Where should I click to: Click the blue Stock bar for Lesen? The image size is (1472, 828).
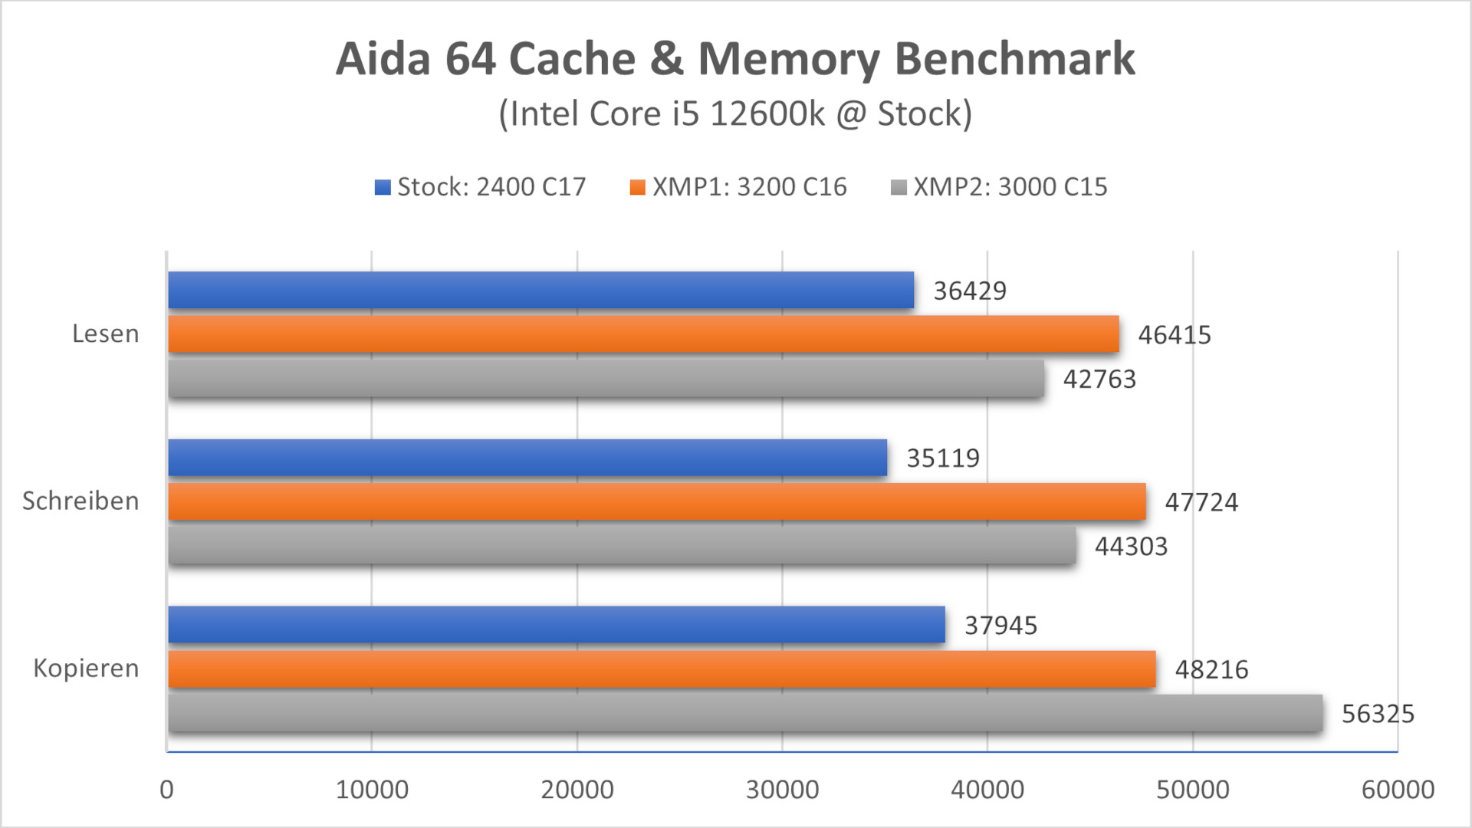point(540,290)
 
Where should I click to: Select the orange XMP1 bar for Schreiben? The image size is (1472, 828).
point(656,501)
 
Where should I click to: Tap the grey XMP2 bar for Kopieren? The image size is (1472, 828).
point(745,713)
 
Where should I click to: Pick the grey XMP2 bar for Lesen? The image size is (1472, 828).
point(606,379)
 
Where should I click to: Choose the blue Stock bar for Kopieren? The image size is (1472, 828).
point(556,625)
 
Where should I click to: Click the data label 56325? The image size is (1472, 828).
point(1378,714)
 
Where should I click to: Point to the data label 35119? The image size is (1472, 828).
point(943,458)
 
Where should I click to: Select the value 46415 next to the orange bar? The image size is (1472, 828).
point(1174,335)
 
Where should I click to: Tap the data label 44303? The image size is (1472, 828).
point(1131,547)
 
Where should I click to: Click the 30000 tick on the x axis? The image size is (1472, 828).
point(782,790)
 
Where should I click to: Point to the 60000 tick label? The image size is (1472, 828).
point(1397,790)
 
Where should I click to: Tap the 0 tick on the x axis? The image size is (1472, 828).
point(166,790)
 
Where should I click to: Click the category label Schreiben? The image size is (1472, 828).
point(80,501)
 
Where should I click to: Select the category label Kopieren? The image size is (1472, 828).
point(86,669)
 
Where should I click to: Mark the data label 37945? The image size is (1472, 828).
point(1001,626)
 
